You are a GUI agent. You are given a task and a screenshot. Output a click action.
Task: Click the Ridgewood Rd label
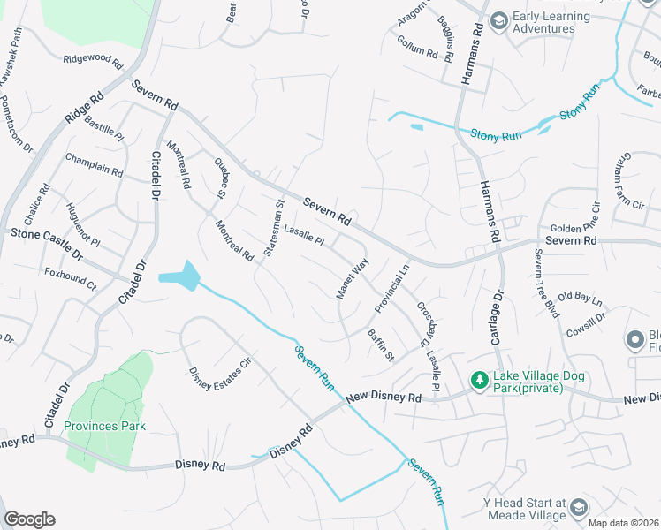point(93,59)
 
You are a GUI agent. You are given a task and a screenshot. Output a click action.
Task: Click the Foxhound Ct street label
point(70,279)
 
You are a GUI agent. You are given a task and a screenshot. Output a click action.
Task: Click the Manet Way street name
point(352,278)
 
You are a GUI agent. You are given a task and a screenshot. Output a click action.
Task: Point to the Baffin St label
point(380,344)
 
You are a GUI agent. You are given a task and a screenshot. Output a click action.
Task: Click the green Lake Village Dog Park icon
point(479,380)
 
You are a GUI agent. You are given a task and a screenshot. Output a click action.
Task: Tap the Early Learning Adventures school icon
point(498,20)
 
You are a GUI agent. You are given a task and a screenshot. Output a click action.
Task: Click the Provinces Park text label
point(104,426)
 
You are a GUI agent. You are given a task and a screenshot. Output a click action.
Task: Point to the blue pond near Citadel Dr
point(181,276)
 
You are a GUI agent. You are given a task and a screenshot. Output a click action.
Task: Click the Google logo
point(29,519)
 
